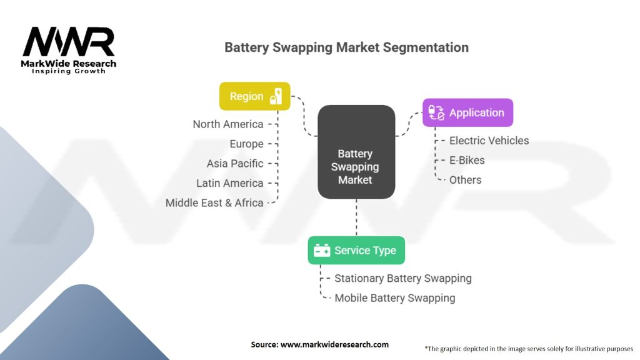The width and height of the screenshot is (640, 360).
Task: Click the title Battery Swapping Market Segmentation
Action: coord(346,47)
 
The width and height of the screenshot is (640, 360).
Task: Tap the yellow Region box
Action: coord(254,96)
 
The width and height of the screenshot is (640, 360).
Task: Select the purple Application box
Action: coord(467,113)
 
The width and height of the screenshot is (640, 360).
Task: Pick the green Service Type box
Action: coord(356,251)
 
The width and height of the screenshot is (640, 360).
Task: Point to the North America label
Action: coord(228,124)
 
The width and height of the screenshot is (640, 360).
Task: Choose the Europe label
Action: coord(246,144)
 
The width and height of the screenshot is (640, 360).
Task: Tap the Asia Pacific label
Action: coord(235,164)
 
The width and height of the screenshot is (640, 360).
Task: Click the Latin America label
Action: coord(229,183)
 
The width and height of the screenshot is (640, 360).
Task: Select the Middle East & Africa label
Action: coord(214,203)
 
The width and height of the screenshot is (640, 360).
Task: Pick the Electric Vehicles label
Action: coord(489,141)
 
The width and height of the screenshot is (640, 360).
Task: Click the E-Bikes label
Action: coord(467,160)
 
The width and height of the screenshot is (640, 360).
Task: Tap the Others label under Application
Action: coord(465,180)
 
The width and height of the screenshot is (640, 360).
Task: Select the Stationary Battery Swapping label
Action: coord(402,278)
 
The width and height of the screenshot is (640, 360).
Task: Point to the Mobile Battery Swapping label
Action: coord(394,298)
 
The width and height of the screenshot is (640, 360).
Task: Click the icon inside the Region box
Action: coord(276,96)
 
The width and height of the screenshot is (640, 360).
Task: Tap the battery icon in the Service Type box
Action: coord(322,251)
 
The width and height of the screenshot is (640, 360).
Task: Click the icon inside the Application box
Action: coord(436,113)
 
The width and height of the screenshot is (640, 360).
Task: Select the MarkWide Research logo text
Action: coord(69,64)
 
